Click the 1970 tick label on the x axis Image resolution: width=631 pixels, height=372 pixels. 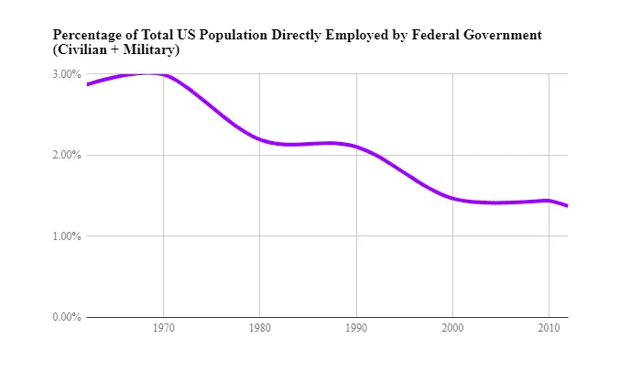(x=164, y=327)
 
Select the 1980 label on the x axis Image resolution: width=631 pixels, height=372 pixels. (x=260, y=327)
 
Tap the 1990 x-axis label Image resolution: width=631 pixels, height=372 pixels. (x=356, y=327)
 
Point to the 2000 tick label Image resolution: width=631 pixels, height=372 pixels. (x=452, y=327)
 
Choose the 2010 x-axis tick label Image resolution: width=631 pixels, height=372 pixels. (x=549, y=327)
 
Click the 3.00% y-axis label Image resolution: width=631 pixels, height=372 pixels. (x=66, y=74)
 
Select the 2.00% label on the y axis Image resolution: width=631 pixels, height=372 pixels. (x=66, y=155)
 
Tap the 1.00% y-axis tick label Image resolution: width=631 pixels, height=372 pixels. (x=66, y=236)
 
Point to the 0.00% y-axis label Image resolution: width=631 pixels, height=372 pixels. (x=66, y=317)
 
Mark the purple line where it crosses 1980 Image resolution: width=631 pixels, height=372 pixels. (x=260, y=139)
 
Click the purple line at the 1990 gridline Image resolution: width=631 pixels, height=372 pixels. (x=356, y=147)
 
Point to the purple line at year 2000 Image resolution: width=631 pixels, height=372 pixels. (x=452, y=198)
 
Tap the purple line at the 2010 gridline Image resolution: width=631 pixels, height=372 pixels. (x=549, y=201)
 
